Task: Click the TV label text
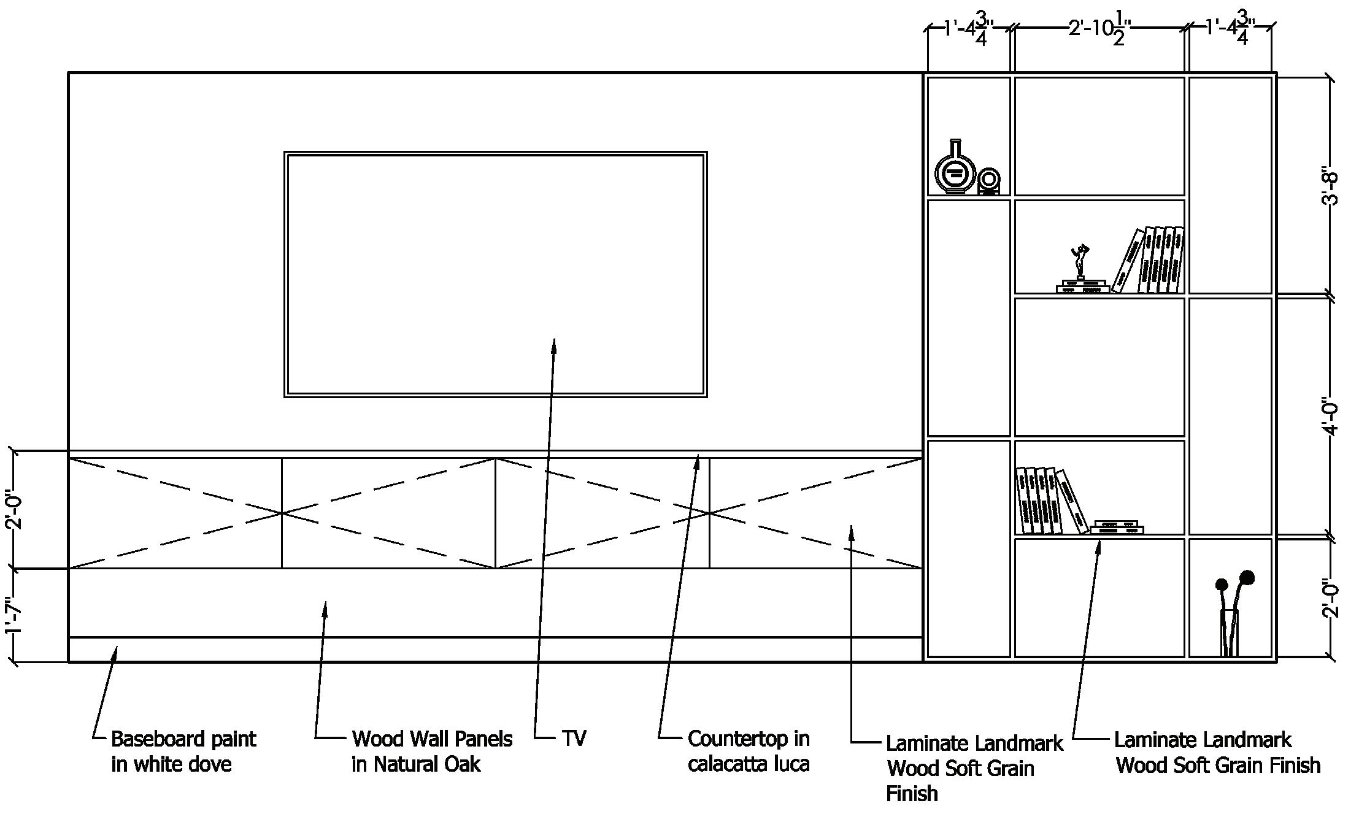574,738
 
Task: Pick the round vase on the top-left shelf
955,169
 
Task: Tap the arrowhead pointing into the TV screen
554,345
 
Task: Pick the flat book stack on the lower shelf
1116,527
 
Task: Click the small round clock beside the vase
988,182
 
